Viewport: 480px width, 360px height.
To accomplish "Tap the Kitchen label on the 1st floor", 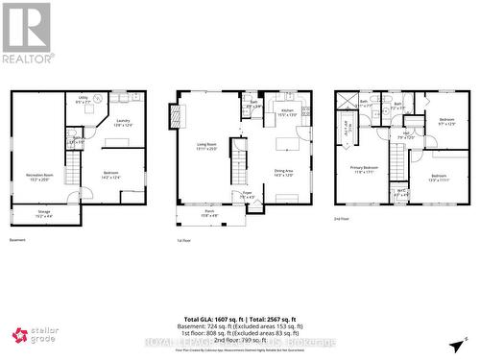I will pos(286,112).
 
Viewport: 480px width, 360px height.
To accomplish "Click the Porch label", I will pos(210,215).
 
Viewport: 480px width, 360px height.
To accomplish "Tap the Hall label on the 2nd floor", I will pos(406,135).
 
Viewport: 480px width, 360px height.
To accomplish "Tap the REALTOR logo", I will pos(26,33).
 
